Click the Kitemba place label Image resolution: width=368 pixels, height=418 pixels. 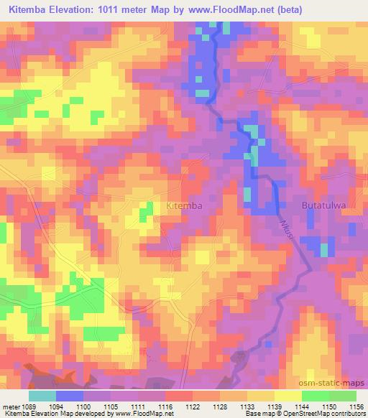[x=184, y=205]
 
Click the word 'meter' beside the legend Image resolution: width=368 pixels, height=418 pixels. [x=11, y=406]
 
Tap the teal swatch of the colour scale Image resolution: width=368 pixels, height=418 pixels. [x=42, y=396]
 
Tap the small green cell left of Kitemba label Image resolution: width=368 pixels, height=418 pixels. [x=146, y=210]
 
